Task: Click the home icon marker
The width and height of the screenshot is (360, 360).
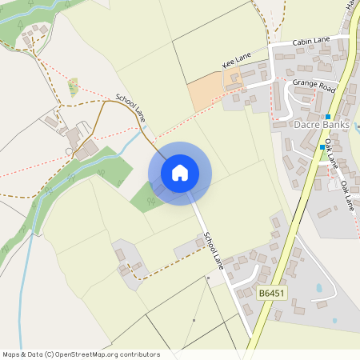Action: [180, 173]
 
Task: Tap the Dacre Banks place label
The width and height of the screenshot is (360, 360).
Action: [322, 125]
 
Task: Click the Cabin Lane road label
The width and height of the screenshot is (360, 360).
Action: [310, 41]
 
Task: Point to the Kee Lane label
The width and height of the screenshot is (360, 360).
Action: [238, 59]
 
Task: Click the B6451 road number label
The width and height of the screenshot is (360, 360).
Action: [272, 294]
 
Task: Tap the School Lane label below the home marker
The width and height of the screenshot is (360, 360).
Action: [214, 250]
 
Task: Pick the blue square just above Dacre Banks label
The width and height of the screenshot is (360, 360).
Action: [328, 117]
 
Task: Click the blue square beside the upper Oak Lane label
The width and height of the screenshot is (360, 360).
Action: [322, 147]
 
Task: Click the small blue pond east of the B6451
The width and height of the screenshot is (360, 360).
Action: [320, 287]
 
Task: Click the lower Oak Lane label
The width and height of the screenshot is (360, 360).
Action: [348, 196]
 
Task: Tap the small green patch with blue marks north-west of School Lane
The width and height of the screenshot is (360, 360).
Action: [74, 86]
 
